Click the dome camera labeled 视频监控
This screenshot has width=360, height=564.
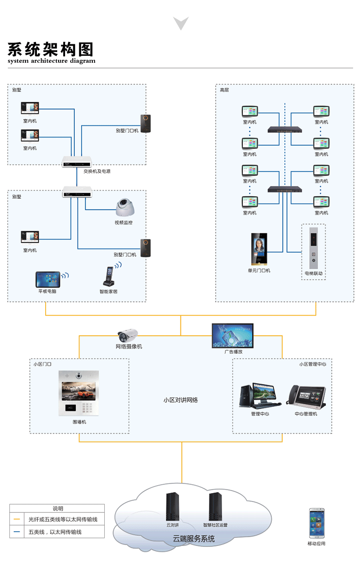(x=126, y=208)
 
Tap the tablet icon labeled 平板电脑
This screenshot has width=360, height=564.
(x=48, y=279)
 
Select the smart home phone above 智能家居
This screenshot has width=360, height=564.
(x=109, y=276)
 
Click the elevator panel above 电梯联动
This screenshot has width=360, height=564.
(x=314, y=248)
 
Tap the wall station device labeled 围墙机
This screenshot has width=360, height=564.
(x=79, y=394)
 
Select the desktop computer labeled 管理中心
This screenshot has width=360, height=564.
(x=259, y=396)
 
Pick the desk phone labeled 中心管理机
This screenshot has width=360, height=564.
(x=306, y=395)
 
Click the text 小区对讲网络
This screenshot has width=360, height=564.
(x=180, y=400)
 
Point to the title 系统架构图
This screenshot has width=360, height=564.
(x=50, y=49)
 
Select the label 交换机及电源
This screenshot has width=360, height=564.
(x=97, y=171)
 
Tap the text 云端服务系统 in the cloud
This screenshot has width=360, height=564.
(x=193, y=539)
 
